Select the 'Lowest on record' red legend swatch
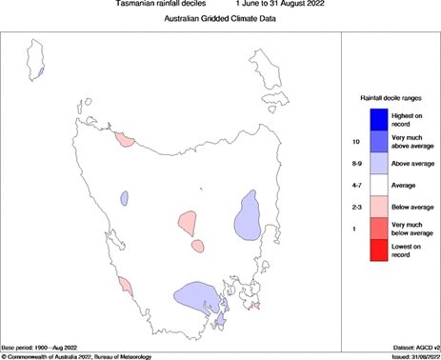click(x=376, y=252)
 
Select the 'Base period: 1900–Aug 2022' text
click(x=45, y=347)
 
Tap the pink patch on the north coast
click(x=125, y=139)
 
